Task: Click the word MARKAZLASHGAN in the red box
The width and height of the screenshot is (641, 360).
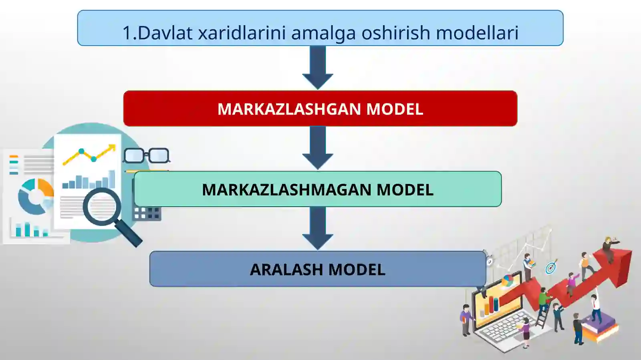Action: click(x=289, y=109)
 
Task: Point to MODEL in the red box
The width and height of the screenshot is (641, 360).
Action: click(x=395, y=109)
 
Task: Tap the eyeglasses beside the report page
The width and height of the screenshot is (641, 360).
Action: click(x=146, y=155)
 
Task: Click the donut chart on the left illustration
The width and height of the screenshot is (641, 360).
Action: click(x=35, y=196)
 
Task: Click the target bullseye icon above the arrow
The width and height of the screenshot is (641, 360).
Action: click(x=551, y=267)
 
